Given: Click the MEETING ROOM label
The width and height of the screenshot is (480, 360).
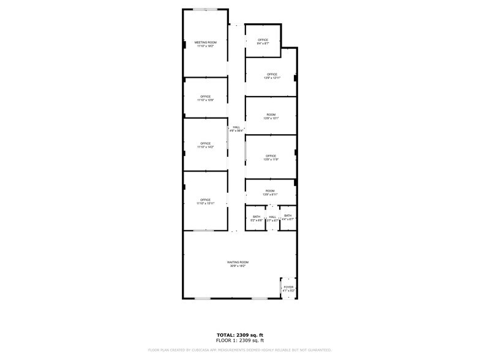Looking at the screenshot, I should (x=205, y=42).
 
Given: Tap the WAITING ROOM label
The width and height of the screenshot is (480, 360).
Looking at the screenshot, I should (x=239, y=262).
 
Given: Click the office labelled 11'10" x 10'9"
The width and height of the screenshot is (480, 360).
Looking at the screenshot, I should (x=205, y=97).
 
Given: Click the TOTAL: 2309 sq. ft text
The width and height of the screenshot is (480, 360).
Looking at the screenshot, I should (x=239, y=334).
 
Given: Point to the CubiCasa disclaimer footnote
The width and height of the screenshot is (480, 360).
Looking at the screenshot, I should (x=239, y=350).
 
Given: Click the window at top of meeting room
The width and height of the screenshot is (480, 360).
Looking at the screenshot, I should (x=205, y=9).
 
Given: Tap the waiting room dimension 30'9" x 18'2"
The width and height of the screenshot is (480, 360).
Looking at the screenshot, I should (x=239, y=266).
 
